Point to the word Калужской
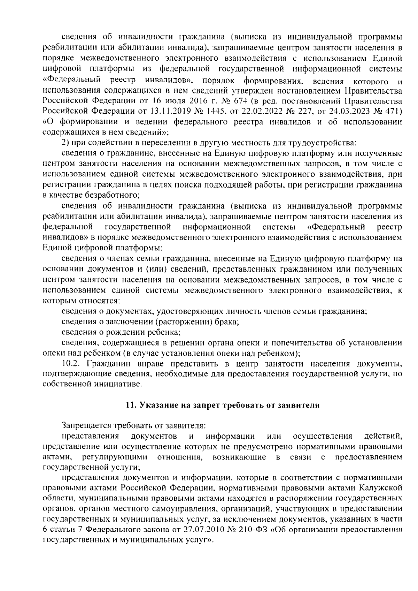[x=384, y=487]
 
